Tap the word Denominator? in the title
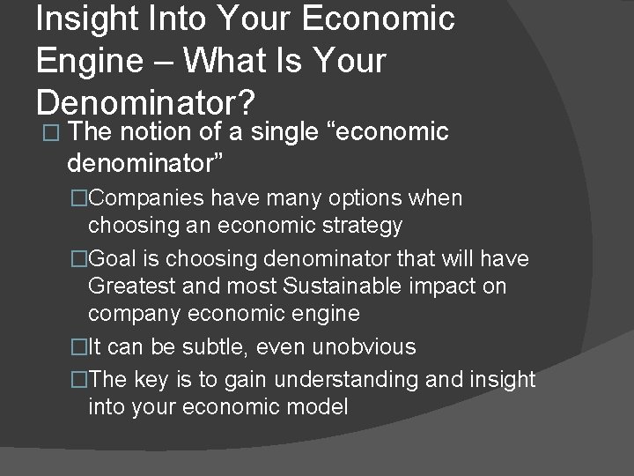pyautogui.click(x=145, y=104)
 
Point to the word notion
pyautogui.click(x=156, y=132)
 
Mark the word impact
pyautogui.click(x=453, y=286)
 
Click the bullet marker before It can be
pyautogui.click(x=81, y=347)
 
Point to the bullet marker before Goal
pyautogui.click(x=81, y=260)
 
